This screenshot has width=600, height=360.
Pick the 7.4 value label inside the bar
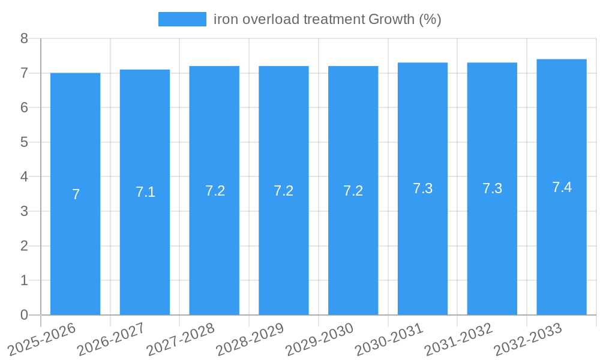pos(562,187)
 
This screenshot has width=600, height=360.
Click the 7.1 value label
pos(145,192)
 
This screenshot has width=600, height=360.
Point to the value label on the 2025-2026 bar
pos(76,194)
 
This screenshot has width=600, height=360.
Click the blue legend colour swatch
pos(182,19)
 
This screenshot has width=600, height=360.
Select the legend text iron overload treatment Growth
pos(327,19)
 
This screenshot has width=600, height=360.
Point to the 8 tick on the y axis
pos(24,38)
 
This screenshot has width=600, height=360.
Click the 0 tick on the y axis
pos(24,315)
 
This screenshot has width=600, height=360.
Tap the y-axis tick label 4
pos(24,177)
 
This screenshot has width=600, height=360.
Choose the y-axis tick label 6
pos(24,108)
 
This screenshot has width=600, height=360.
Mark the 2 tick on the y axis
pos(24,246)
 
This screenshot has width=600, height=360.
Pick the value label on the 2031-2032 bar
pos(492,188)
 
